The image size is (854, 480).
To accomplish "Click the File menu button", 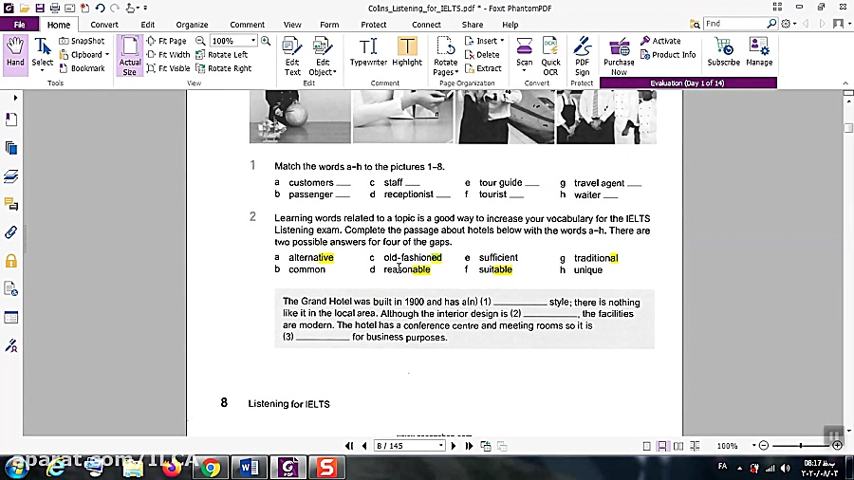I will click(19, 25).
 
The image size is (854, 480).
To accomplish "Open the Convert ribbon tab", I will click(104, 25).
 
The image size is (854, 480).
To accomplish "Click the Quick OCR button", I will click(550, 54).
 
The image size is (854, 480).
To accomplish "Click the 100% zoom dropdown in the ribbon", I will click(232, 41).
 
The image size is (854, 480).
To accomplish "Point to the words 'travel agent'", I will click(599, 183).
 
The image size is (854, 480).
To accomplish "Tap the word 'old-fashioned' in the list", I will click(413, 258).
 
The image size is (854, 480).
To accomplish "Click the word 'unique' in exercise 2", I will click(588, 270).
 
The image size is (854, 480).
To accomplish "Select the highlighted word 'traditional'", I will click(596, 258).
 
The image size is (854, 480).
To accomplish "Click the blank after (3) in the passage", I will click(324, 338).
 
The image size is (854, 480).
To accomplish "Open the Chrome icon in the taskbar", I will click(211, 467).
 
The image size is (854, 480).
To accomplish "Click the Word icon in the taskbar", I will click(250, 467).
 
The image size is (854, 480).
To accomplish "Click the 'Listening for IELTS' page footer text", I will click(288, 404).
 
